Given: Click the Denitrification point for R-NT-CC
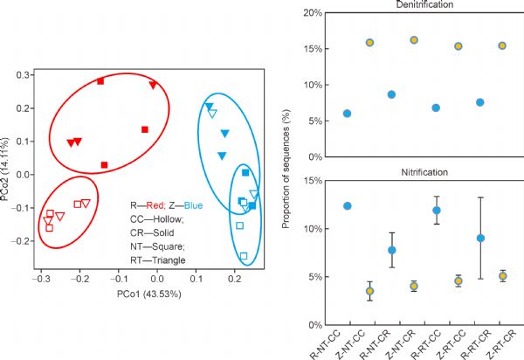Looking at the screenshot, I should [x=348, y=114].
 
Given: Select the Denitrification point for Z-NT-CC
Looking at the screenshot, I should [x=369, y=43].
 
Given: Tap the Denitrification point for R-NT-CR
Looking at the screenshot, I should [x=392, y=94].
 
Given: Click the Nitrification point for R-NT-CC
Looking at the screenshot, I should [x=348, y=206].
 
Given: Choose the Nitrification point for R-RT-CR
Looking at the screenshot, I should [x=480, y=238].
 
